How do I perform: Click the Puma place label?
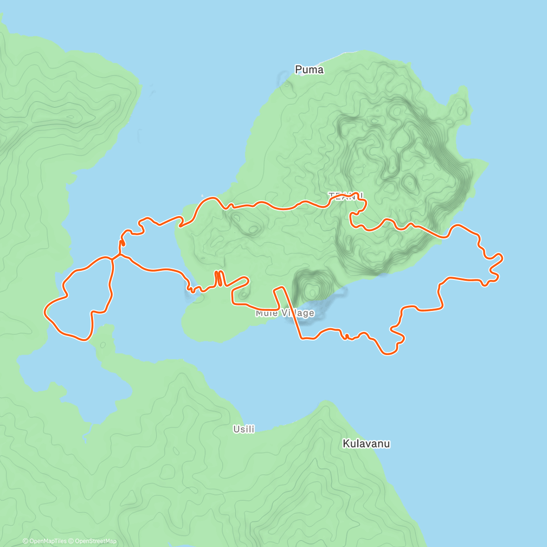pos(309,70)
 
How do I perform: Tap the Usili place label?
pos(244,429)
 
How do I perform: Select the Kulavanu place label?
pos(366,444)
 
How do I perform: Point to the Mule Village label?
pos(285,313)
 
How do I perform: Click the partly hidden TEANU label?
pos(346,196)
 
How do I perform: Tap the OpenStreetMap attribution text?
pos(96,541)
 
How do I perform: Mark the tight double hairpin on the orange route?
pos(219,279)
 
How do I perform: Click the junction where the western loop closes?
pos(113,258)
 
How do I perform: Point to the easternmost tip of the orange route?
pos(502,258)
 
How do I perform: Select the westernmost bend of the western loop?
pos(45,311)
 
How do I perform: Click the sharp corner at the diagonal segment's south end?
pos(301,338)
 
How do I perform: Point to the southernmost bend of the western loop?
pos(84,340)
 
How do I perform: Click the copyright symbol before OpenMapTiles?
pos(25,541)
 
